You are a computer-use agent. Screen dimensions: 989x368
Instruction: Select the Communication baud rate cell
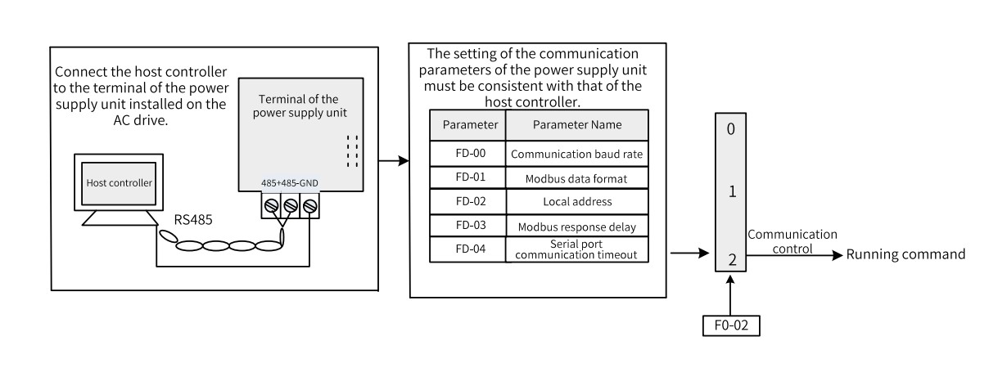[x=577, y=154]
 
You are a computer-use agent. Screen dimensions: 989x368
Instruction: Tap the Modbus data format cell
[x=577, y=177]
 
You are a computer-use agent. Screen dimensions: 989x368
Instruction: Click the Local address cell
[x=577, y=202]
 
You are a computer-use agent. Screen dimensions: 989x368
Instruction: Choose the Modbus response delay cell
[x=577, y=226]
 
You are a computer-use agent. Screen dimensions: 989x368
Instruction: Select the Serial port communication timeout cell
[x=577, y=249]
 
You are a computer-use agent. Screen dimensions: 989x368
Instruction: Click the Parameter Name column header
[x=577, y=125]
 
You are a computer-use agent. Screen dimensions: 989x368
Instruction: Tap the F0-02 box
[x=731, y=325]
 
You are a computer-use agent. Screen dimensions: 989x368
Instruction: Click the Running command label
[x=905, y=254]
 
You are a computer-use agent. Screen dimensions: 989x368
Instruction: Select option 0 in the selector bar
[x=731, y=129]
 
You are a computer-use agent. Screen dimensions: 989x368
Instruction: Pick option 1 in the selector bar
[x=733, y=191]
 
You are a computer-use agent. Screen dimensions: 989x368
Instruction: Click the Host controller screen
[x=119, y=183]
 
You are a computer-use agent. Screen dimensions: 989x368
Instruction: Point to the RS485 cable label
[x=193, y=220]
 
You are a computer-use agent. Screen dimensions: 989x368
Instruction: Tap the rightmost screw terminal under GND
[x=310, y=205]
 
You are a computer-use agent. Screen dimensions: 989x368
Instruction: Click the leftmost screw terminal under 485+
[x=271, y=205]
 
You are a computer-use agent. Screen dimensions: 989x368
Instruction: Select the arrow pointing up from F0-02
[x=730, y=295]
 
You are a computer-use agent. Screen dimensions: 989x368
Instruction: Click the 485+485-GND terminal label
[x=289, y=183]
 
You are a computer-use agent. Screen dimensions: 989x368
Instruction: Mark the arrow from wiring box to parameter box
[x=394, y=161]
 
